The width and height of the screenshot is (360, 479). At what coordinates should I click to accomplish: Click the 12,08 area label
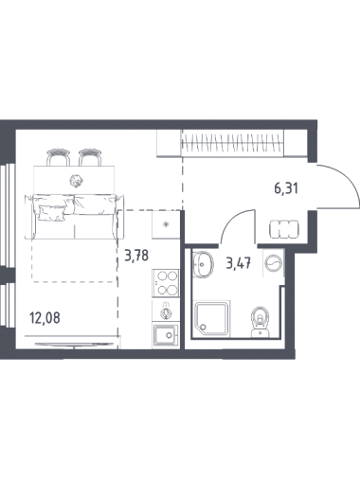coord(45,317)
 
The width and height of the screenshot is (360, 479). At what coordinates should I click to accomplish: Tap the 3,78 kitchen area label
coord(136,256)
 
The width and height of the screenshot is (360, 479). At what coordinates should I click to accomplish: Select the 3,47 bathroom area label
coord(239,263)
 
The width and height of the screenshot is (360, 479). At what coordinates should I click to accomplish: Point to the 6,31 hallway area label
coord(286,189)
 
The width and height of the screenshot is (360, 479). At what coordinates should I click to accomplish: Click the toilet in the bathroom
coord(261,322)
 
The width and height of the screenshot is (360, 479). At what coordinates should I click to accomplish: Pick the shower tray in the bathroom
coord(211,318)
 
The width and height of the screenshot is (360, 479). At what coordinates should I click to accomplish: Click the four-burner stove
coord(165,282)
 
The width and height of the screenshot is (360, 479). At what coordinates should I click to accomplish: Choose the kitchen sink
coord(165,335)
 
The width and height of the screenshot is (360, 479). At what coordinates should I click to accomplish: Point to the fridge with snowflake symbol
coord(165,224)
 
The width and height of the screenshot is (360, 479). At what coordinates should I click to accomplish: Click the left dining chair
coord(59,157)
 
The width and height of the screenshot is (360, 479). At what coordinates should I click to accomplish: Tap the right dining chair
coord(90,157)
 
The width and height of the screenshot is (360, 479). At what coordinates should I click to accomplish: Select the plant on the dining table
coord(76,181)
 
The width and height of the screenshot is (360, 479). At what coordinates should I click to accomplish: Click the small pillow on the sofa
coord(52,212)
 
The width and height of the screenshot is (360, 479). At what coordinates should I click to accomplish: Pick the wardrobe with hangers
coord(232,143)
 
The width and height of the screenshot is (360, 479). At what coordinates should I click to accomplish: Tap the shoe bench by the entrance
coord(284,229)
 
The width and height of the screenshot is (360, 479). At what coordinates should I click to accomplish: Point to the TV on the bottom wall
coord(74,345)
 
